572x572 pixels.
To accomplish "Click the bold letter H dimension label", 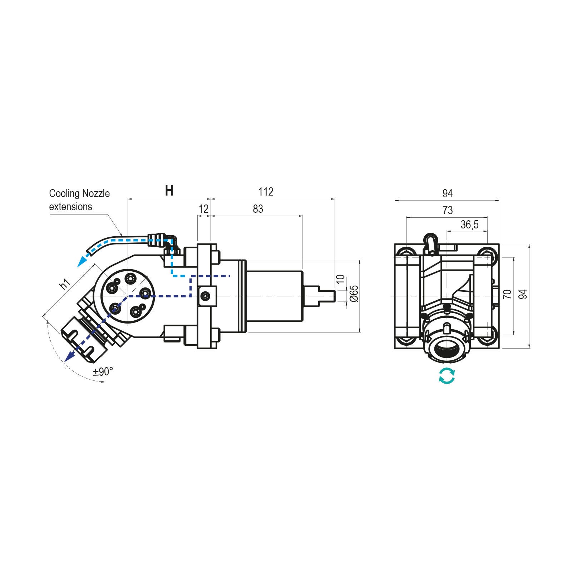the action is point(169,191).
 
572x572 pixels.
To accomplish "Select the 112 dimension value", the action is point(266,192).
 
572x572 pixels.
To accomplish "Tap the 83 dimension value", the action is point(258,209).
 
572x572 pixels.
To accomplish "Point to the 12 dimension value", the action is point(203,209).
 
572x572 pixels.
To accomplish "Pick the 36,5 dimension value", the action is point(469,225).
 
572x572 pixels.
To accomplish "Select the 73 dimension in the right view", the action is point(448,210).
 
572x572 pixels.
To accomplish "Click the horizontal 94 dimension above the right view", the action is point(448,193).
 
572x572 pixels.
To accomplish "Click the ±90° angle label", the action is point(103,372).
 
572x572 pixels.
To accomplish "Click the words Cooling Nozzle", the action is point(79,193).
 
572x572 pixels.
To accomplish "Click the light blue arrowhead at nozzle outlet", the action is point(82,262).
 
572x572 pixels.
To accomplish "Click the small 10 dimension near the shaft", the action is point(341,279).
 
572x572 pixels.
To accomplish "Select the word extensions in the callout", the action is point(70,207).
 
